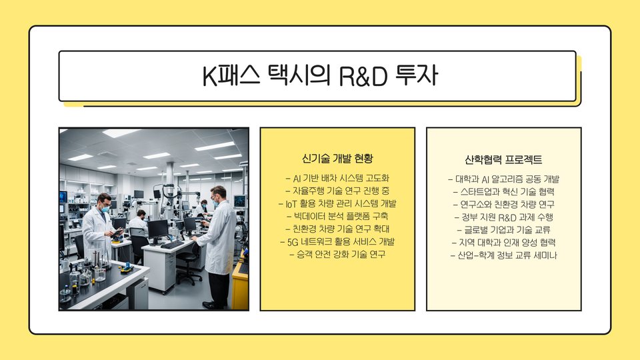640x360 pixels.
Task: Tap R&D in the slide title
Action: (363, 76)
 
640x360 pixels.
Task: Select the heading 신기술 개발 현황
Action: (337, 159)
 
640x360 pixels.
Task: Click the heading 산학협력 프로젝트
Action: (503, 159)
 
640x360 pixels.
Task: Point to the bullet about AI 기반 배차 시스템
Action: (337, 179)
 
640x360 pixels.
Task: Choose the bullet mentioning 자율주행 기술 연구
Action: (337, 191)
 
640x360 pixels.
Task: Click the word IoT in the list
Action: (291, 204)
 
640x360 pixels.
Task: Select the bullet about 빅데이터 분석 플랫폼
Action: (337, 216)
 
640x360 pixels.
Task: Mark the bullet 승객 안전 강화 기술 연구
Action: (337, 255)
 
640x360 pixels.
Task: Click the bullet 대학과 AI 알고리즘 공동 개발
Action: (504, 179)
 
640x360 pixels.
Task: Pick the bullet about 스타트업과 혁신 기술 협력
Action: (504, 192)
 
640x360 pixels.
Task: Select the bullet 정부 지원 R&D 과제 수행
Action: (504, 217)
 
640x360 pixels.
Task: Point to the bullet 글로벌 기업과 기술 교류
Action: (504, 230)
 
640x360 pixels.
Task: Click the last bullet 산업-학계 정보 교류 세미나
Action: (504, 255)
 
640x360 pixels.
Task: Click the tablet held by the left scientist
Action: (117, 232)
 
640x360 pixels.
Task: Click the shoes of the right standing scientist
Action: (213, 305)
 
